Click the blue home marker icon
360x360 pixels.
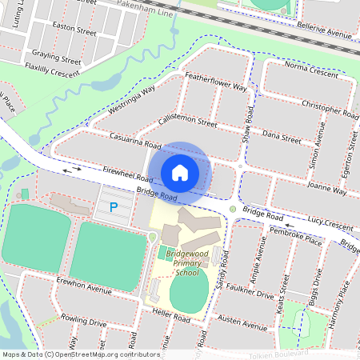click(x=180, y=172)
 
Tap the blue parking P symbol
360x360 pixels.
click(x=113, y=207)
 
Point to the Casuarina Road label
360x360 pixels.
click(x=136, y=142)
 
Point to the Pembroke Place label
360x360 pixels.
click(x=296, y=236)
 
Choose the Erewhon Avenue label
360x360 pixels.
click(x=84, y=288)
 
